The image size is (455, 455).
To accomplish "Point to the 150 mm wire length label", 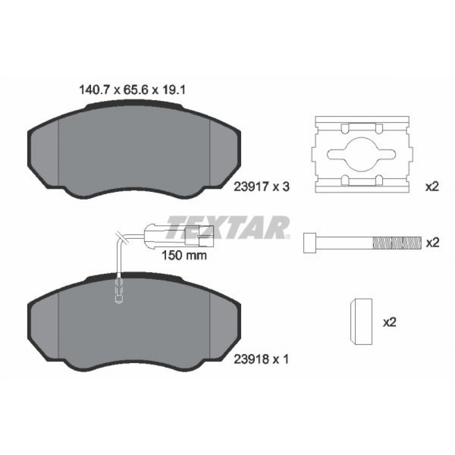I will [184, 255].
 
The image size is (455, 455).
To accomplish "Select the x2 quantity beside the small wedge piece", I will [390, 323].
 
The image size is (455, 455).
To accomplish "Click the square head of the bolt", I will [310, 243].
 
